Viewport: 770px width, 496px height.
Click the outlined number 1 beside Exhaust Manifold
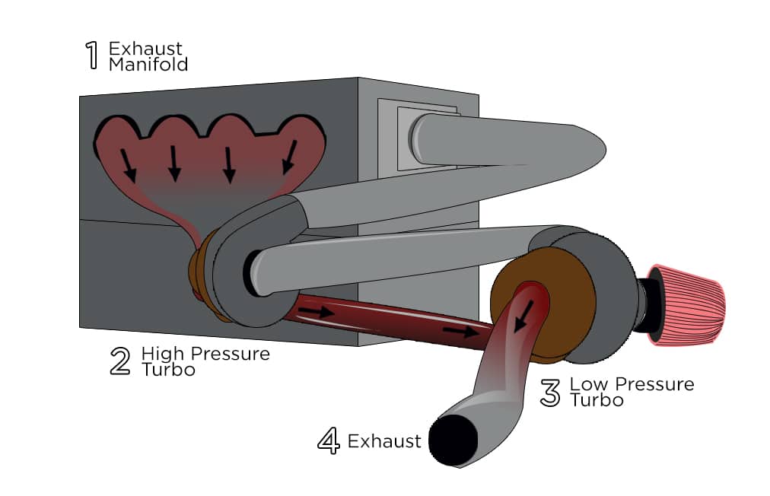91,56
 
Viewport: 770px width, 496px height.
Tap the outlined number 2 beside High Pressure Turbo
120,361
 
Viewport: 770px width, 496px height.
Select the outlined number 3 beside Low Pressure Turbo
550,393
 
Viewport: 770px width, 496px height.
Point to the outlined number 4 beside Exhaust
328,442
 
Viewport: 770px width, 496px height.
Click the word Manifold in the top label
148,65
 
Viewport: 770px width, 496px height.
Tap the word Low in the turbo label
585,384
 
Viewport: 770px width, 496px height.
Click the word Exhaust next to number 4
384,441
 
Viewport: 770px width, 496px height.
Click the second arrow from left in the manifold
174,163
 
